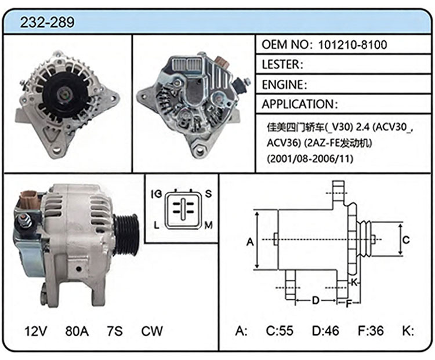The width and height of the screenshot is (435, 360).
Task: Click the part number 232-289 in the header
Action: point(47,22)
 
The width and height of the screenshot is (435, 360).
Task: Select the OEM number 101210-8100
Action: point(352,45)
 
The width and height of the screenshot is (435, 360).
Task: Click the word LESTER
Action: point(281,64)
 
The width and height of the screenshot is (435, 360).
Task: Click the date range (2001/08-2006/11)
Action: point(310,159)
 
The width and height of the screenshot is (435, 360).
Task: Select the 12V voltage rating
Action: point(35,331)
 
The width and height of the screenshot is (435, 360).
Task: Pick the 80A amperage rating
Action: point(77,331)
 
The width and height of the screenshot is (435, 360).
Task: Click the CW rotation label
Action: point(152,331)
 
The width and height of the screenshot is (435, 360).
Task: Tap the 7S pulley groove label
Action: point(115,331)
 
